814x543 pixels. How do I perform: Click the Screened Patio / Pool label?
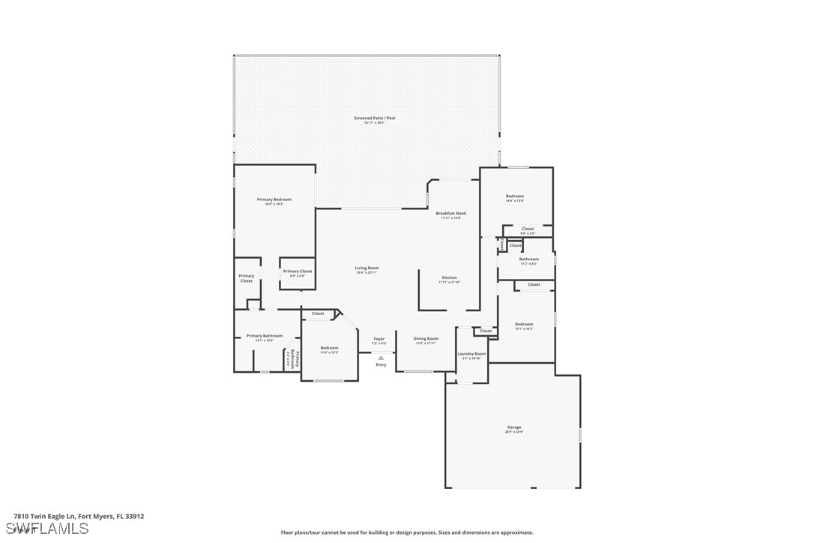(x=374, y=118)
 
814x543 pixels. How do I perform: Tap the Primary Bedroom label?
(x=274, y=199)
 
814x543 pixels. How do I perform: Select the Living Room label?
(x=367, y=268)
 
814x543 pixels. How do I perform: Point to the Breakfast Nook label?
(x=450, y=214)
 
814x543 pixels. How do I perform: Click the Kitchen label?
(x=449, y=277)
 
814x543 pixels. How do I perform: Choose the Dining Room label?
(x=426, y=339)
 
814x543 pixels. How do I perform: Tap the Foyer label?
(x=379, y=339)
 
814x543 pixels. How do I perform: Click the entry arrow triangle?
(x=381, y=358)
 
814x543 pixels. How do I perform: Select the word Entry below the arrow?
(x=381, y=365)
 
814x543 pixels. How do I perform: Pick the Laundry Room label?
(x=471, y=354)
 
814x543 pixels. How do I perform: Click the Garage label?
(x=513, y=427)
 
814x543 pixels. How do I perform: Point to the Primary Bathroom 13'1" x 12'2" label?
(x=265, y=336)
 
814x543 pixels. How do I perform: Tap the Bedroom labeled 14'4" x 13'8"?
(x=514, y=196)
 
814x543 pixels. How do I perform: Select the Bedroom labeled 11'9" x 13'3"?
(x=329, y=348)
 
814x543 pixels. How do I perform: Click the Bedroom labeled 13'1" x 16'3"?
(x=523, y=325)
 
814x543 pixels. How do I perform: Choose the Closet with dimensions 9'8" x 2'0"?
(x=528, y=229)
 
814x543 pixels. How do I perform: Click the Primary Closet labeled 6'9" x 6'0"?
(x=297, y=271)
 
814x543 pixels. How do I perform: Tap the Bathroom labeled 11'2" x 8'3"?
(x=528, y=259)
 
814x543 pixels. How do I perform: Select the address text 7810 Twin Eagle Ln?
(x=46, y=516)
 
